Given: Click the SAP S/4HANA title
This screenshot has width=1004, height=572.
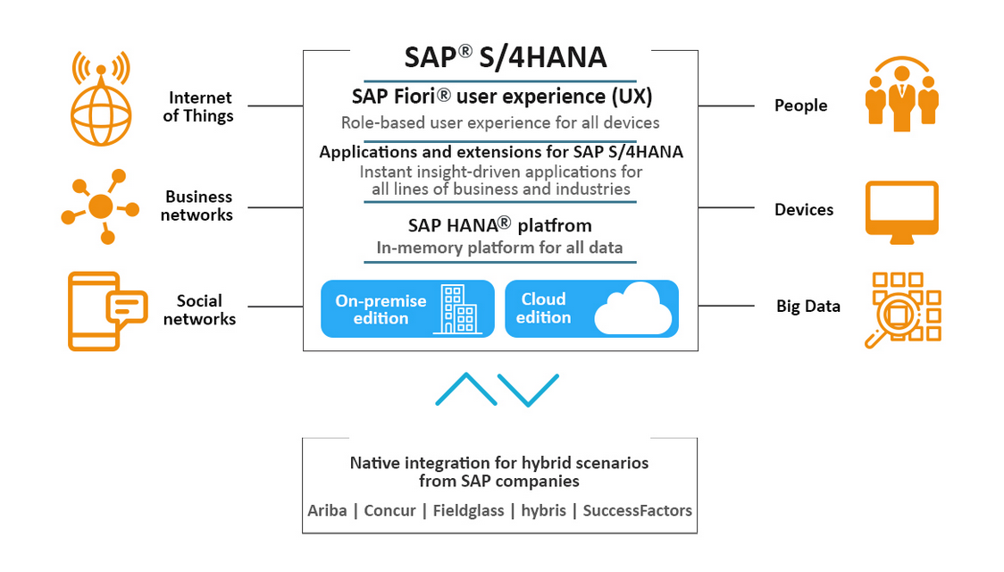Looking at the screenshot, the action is pyautogui.click(x=506, y=58).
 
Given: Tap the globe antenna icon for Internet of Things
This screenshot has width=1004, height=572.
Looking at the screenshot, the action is pyautogui.click(x=101, y=98).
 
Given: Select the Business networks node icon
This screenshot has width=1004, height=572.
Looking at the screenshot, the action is pyautogui.click(x=101, y=206).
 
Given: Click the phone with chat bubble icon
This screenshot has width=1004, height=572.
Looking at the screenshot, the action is pyautogui.click(x=107, y=311).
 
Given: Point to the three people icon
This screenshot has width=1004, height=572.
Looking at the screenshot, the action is pyautogui.click(x=901, y=95).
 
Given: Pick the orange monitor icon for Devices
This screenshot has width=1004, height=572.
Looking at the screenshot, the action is pyautogui.click(x=901, y=213).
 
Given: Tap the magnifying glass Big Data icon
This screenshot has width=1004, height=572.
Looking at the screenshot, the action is pyautogui.click(x=903, y=310).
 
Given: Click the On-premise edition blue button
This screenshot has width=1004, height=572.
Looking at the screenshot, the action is pyautogui.click(x=407, y=308).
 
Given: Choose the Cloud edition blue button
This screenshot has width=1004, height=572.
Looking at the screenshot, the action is pyautogui.click(x=591, y=308).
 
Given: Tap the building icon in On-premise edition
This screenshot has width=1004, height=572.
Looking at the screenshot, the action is pyautogui.click(x=458, y=309).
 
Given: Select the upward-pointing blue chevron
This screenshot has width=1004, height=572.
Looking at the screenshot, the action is pyautogui.click(x=466, y=389).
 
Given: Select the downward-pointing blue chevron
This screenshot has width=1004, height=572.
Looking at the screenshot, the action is pyautogui.click(x=528, y=390).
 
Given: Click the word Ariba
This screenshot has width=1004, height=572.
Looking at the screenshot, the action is pyautogui.click(x=327, y=510).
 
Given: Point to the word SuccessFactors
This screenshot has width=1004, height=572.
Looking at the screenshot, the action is pyautogui.click(x=637, y=510).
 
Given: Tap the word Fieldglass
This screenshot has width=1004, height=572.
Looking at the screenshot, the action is pyautogui.click(x=468, y=510).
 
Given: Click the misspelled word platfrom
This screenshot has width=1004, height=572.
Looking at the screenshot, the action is pyautogui.click(x=555, y=226).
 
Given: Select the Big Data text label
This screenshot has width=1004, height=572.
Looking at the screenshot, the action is pyautogui.click(x=808, y=307).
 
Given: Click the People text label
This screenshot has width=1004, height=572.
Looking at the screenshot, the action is pyautogui.click(x=801, y=105).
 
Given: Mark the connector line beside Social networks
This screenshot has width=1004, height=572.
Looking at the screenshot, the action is pyautogui.click(x=275, y=307).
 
